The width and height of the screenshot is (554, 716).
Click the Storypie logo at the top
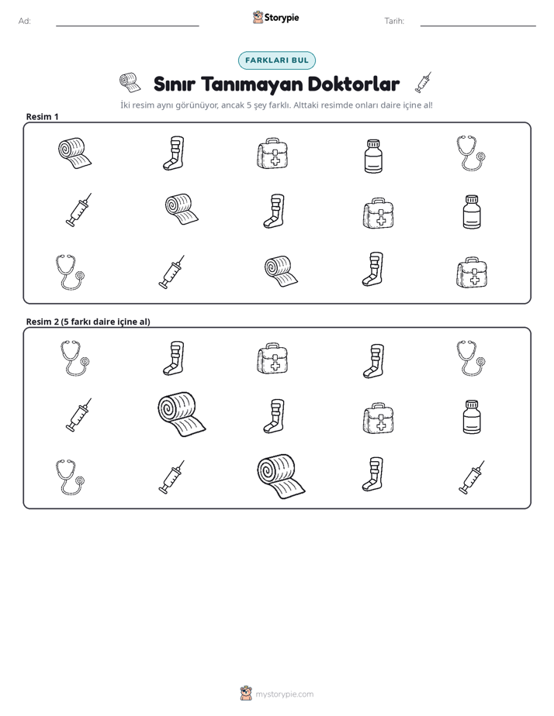pos(275,17)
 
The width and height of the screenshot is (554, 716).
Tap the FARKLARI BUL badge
pos(276,60)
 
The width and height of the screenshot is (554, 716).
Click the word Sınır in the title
pos(174,84)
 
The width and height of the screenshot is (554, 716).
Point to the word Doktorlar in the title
pos(354,84)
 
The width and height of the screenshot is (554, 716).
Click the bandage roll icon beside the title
pos(130,82)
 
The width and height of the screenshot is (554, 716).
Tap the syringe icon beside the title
pos(423,82)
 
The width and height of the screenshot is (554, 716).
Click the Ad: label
pos(25,21)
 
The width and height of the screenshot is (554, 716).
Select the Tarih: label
pos(394,21)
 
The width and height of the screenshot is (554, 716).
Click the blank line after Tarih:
pos(478,26)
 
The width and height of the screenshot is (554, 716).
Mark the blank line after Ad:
pos(127,26)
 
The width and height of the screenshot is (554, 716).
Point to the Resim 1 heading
pos(42,116)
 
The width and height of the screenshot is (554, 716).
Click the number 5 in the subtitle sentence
pos(249,105)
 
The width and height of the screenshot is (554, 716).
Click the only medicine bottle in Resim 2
pos(472,417)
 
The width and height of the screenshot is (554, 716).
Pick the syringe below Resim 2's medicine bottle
pos(471,477)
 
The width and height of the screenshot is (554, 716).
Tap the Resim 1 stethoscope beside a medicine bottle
pos(471,153)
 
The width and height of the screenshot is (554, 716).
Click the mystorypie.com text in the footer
pos(284,694)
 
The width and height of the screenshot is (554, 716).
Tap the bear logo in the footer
pos(246,694)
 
